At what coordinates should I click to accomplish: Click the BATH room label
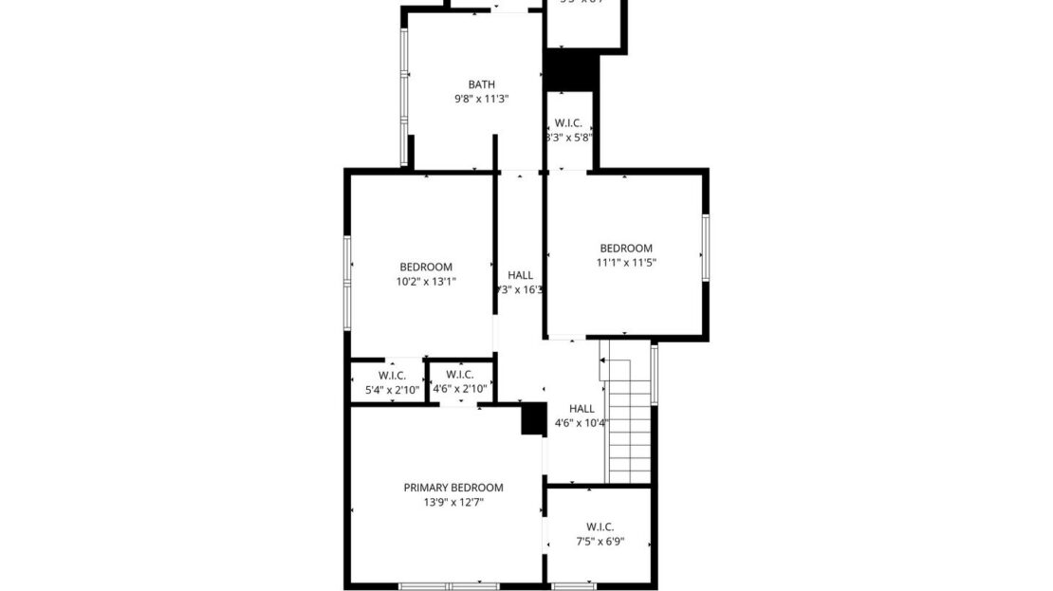tap(481, 84)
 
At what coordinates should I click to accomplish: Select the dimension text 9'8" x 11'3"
tap(481, 99)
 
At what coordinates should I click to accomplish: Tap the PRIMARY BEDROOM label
tap(453, 488)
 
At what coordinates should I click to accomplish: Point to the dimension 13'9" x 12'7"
tap(453, 503)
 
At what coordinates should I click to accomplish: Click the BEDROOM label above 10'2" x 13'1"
tap(426, 267)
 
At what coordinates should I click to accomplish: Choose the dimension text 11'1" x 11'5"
tap(626, 263)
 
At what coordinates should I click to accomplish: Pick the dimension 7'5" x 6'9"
tap(600, 542)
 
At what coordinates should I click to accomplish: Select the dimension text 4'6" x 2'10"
tap(460, 388)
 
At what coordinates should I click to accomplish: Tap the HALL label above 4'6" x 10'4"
tap(582, 409)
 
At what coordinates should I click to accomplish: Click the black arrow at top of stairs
tap(603, 360)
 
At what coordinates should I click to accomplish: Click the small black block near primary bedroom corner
tap(533, 419)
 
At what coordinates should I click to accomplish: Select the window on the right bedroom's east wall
tap(706, 248)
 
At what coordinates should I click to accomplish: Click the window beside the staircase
tap(655, 375)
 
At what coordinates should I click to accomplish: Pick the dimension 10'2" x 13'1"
tap(426, 281)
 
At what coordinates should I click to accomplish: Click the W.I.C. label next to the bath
tap(568, 122)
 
